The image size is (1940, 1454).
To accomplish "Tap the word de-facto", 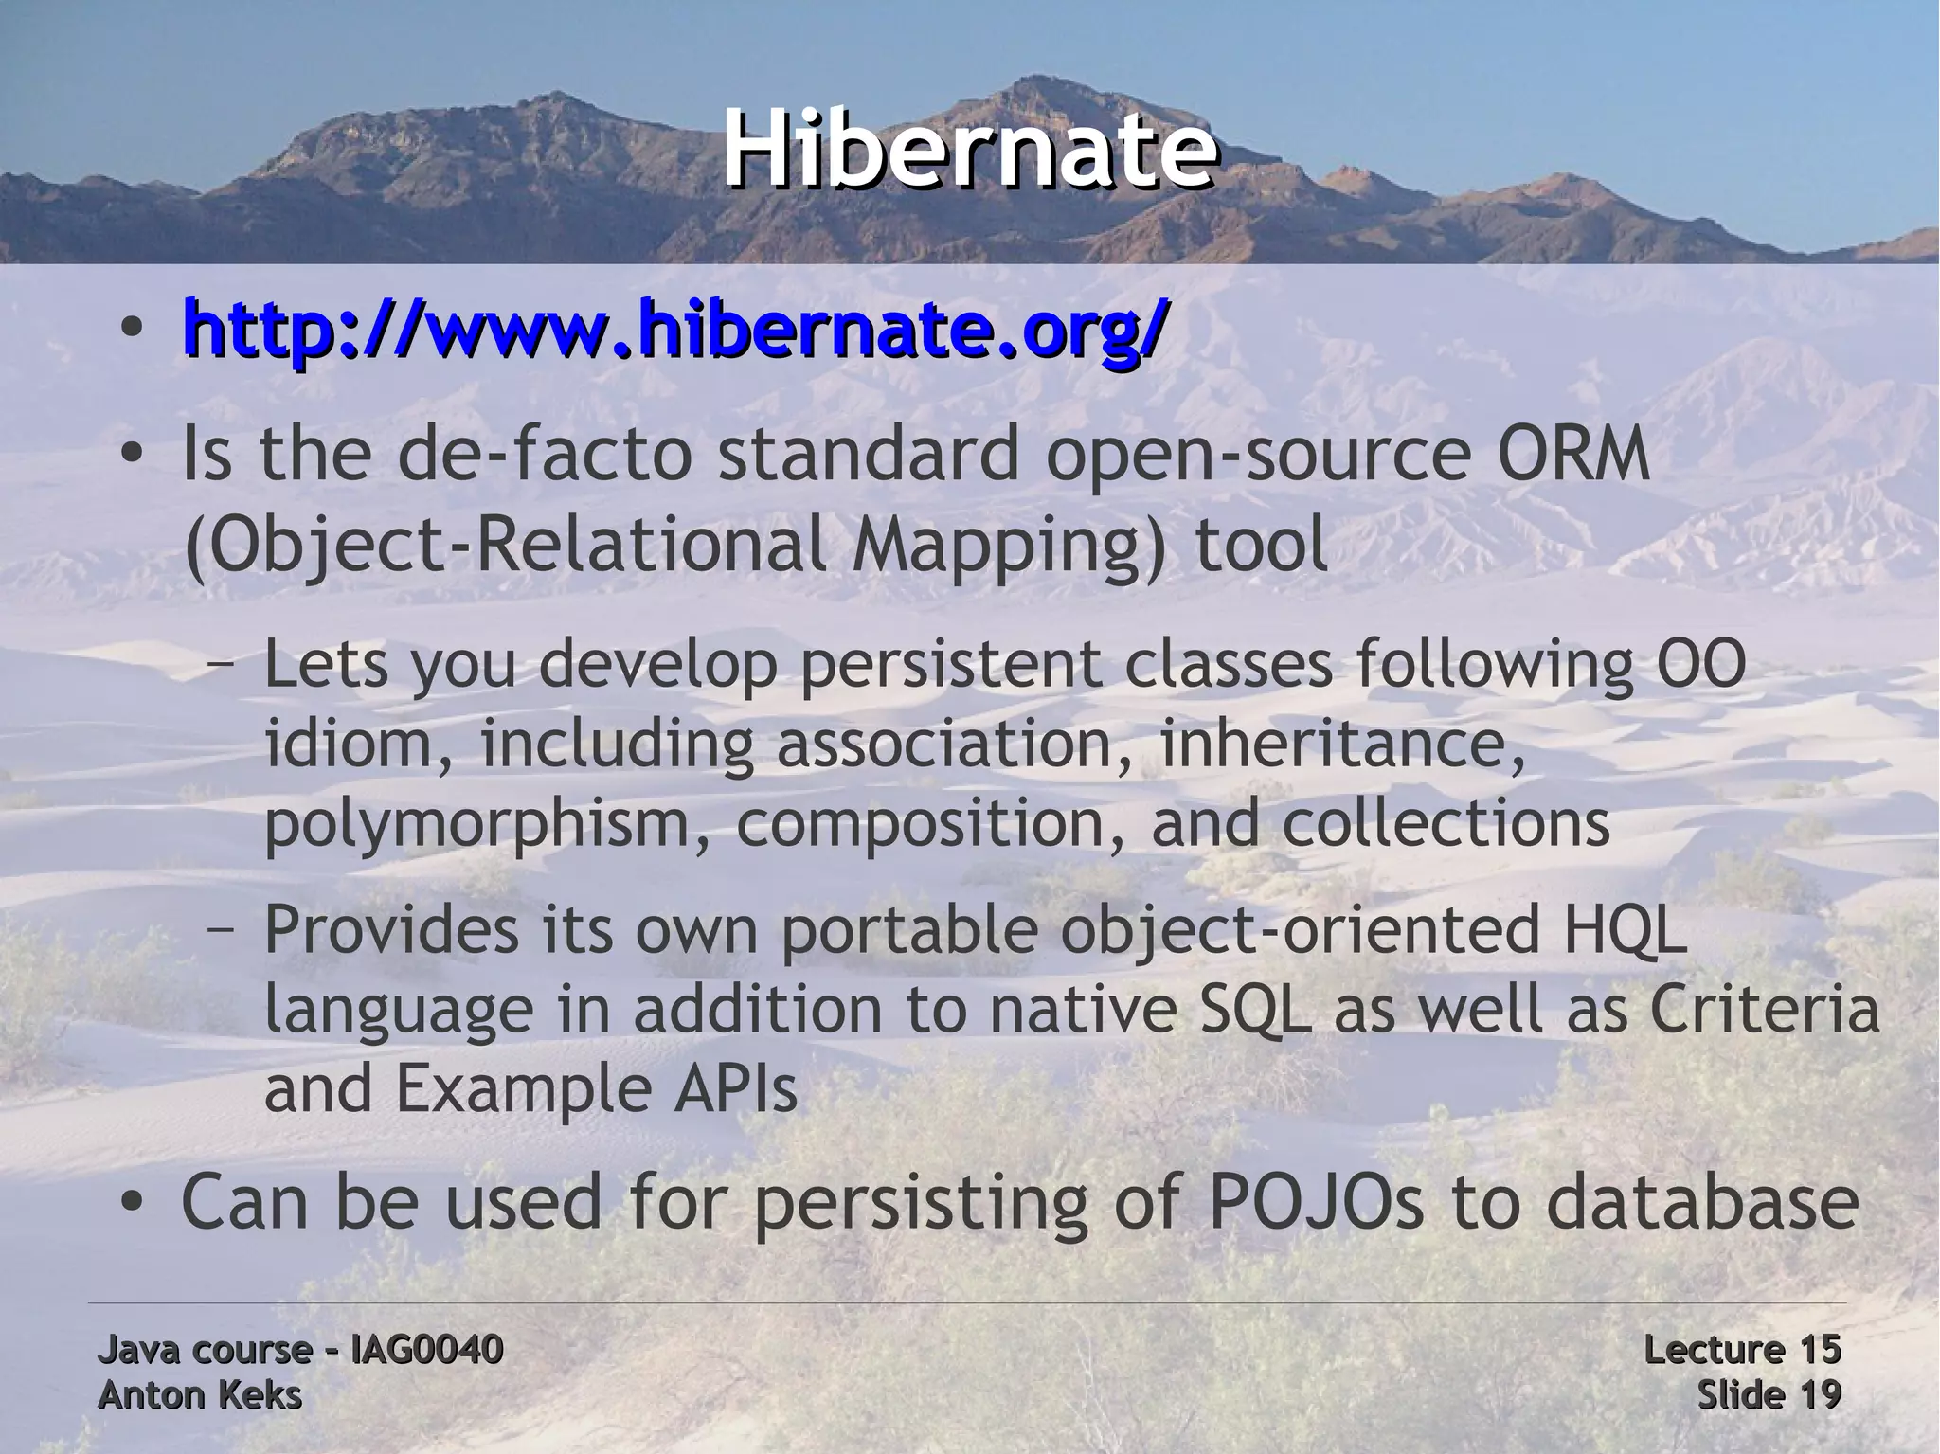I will click(538, 456).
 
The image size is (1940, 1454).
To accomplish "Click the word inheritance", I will click(1342, 745).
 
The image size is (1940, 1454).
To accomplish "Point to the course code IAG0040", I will click(426, 1349).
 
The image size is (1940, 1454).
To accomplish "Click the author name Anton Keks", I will click(200, 1395).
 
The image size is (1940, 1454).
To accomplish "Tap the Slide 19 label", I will click(1769, 1395).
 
